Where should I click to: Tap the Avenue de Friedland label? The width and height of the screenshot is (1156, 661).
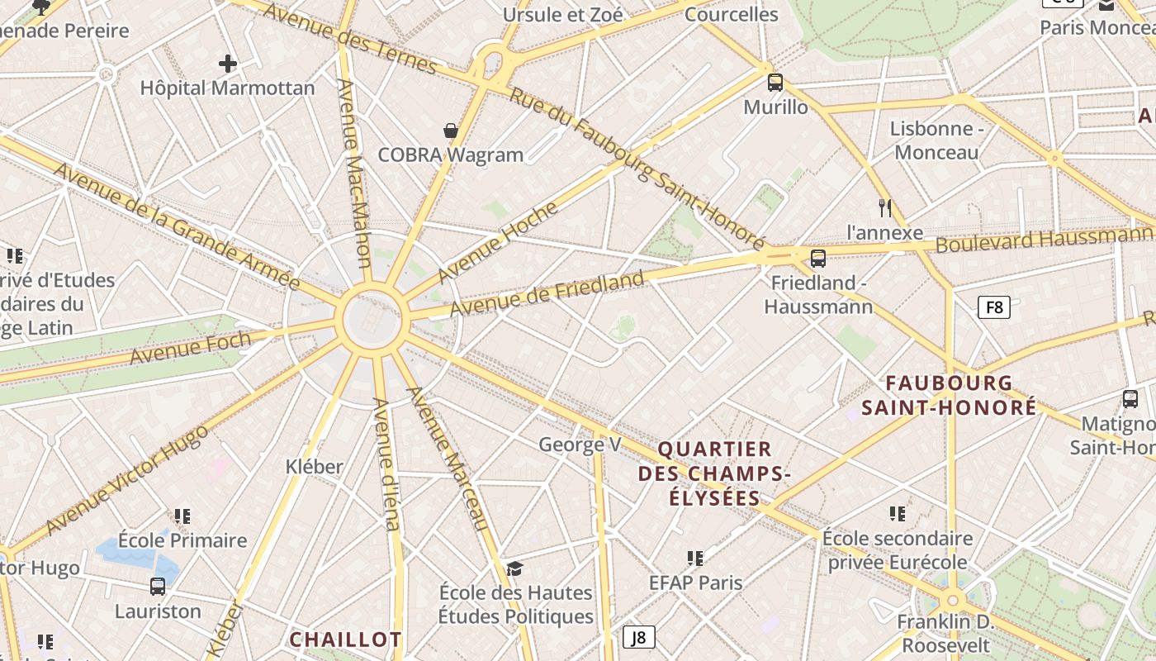click(x=546, y=294)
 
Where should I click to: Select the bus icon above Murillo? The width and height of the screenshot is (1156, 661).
click(x=775, y=82)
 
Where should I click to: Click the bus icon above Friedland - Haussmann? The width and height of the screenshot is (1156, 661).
click(x=817, y=259)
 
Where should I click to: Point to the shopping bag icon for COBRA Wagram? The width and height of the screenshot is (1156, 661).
click(x=451, y=131)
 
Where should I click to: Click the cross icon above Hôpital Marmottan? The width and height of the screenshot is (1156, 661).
click(x=227, y=64)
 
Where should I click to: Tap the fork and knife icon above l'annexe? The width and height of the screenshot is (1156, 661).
click(x=885, y=207)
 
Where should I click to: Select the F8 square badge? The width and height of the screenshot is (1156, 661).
click(x=994, y=308)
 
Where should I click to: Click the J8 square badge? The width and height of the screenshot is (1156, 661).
click(x=638, y=637)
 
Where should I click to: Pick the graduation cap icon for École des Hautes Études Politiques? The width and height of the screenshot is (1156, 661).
click(x=514, y=568)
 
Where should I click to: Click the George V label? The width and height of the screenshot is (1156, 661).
click(x=580, y=445)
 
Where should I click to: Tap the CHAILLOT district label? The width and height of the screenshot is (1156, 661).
click(x=345, y=640)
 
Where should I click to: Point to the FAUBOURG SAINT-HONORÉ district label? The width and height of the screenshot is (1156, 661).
click(x=949, y=395)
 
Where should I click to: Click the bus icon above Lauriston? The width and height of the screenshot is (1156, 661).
click(x=158, y=587)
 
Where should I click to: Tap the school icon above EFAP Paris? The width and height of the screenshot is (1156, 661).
click(x=695, y=559)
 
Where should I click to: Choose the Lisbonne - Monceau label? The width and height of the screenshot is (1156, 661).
click(x=936, y=140)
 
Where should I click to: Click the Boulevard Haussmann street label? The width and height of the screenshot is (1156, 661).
click(x=1044, y=240)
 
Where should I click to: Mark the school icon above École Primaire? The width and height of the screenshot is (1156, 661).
click(x=182, y=516)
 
